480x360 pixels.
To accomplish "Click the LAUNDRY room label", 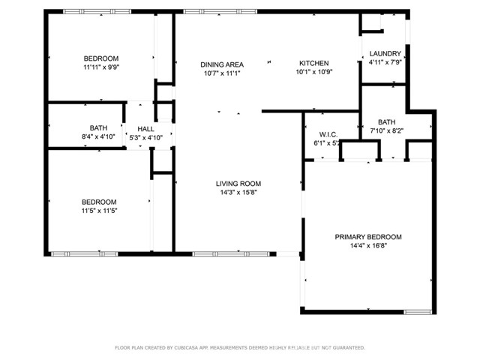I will (385, 54).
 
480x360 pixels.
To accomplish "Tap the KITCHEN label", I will (313, 63).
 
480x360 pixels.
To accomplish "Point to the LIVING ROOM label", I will (238, 183).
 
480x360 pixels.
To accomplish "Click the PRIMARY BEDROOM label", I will (367, 237).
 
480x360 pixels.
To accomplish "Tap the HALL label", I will (145, 129).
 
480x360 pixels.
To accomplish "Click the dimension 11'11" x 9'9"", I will (100, 67).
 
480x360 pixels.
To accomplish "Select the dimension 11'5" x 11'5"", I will (99, 211).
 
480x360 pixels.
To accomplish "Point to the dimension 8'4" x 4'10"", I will (99, 137).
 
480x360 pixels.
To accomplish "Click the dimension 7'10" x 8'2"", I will (387, 130).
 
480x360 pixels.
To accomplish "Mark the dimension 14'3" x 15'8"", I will (238, 192).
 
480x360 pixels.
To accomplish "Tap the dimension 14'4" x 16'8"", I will (367, 246).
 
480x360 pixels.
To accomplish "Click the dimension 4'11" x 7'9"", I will (385, 63).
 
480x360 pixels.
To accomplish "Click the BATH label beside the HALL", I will (99, 128).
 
